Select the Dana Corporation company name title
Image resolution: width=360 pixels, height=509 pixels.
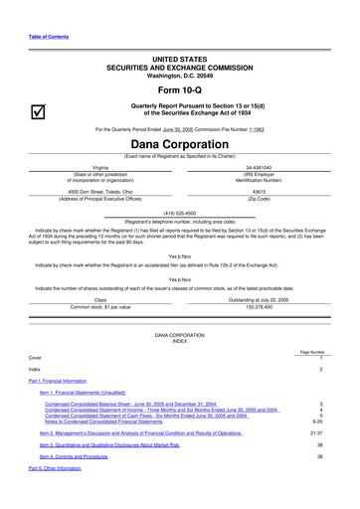[x=179, y=171]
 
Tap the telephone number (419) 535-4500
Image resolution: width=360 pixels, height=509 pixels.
[x=179, y=240]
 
